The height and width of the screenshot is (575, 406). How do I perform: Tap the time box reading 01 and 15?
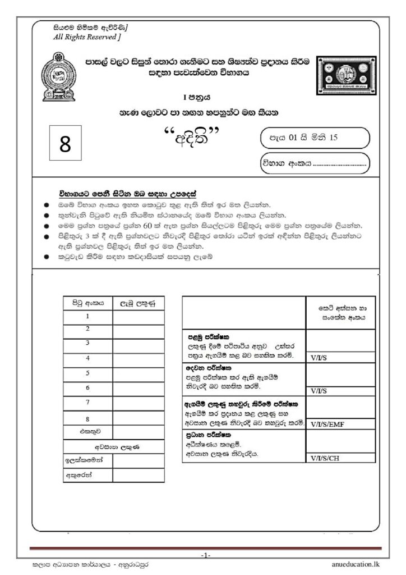(314, 137)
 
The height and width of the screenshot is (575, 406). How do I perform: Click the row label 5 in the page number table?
(87, 373)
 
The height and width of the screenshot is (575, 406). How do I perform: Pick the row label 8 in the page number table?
(87, 418)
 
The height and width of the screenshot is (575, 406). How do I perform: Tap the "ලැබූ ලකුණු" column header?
(138, 303)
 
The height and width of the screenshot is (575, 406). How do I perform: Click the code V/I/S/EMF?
(329, 424)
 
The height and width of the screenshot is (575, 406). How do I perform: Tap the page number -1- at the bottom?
(205, 555)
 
